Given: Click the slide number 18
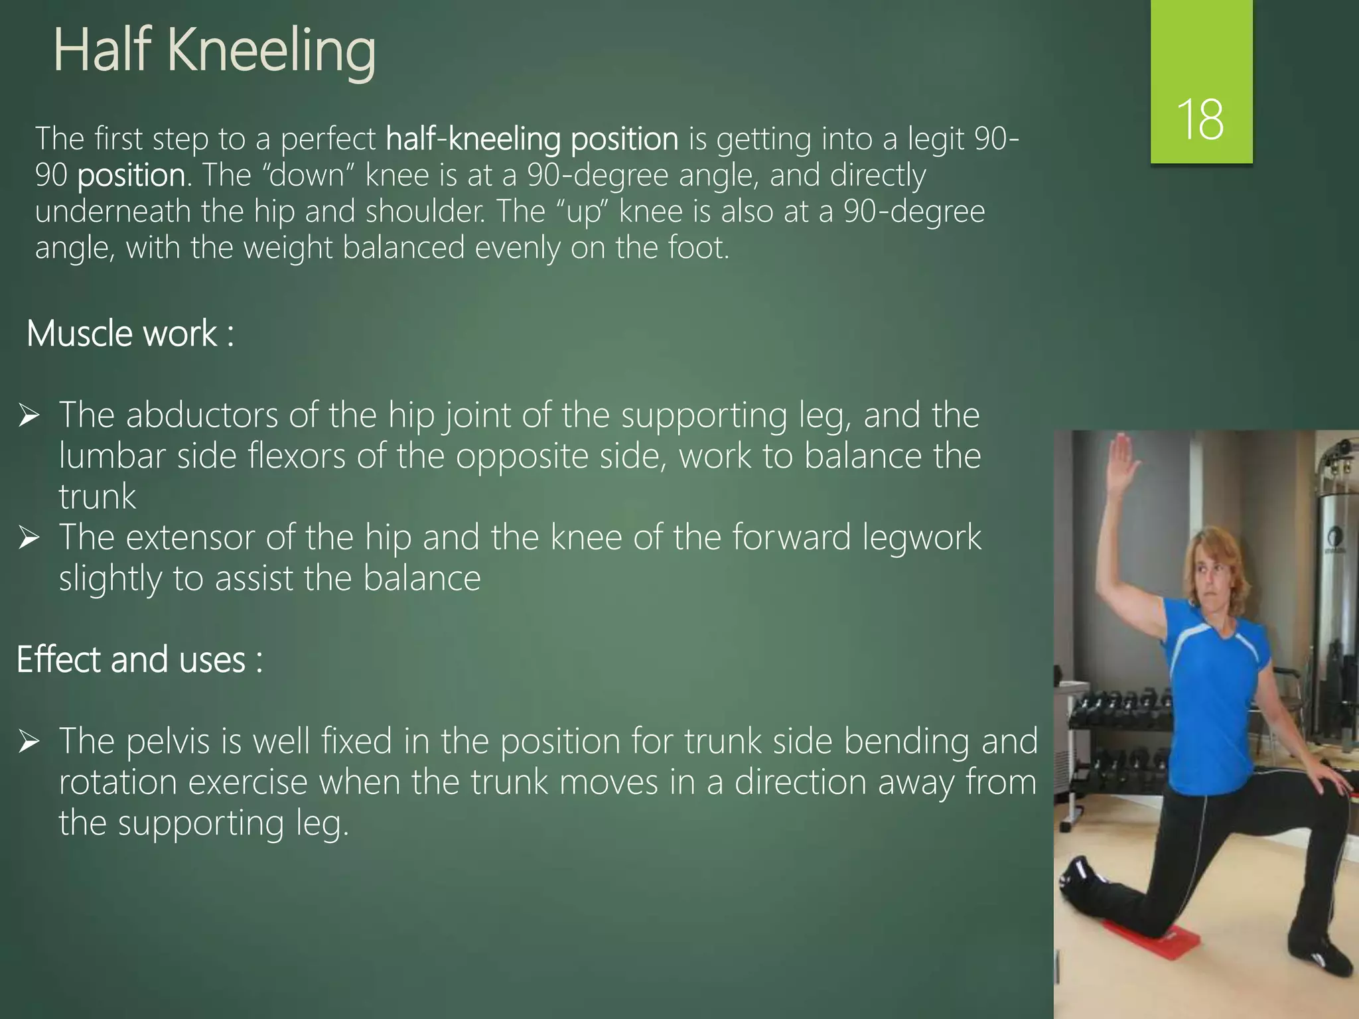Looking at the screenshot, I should pos(1200,119).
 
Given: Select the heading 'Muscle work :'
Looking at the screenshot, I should pos(130,333).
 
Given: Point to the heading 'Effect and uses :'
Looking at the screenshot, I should pos(139,659).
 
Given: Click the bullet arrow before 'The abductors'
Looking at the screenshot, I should pos(29,416).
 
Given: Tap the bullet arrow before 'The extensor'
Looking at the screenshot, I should pos(29,537).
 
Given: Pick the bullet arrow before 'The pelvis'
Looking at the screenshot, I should pos(29,741).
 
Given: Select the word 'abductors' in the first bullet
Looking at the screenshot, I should pos(202,416).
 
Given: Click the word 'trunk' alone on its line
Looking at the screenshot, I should pos(98,497).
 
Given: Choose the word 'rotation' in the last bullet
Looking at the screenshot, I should pos(117,782).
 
